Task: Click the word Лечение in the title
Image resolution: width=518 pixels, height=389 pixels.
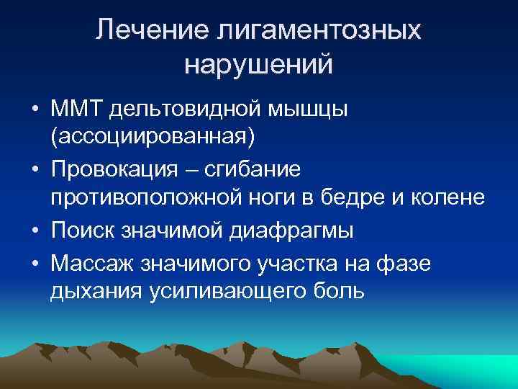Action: tap(149, 31)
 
